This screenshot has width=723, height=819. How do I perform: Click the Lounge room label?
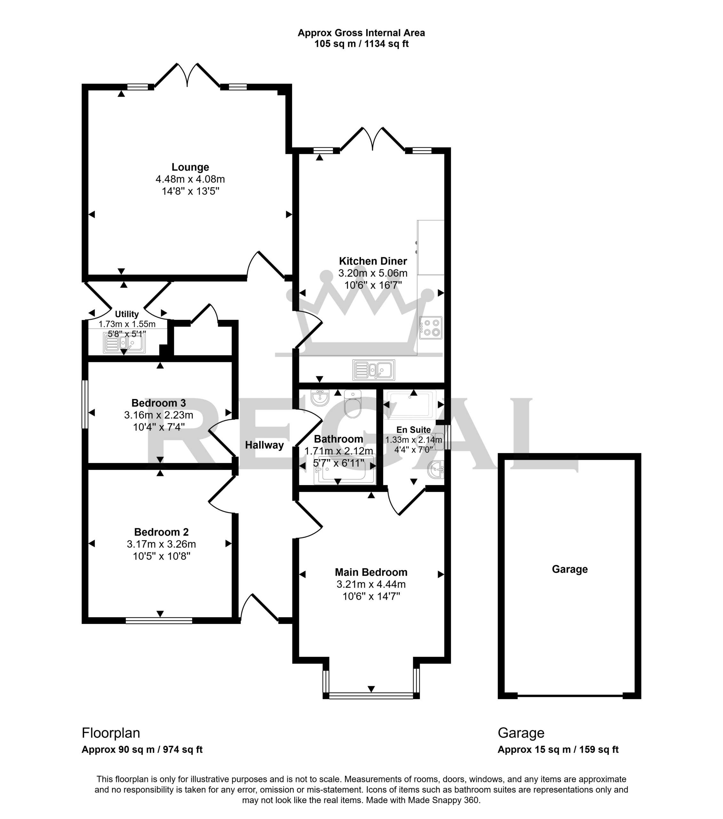[190, 167]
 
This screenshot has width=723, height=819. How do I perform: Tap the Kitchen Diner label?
[373, 261]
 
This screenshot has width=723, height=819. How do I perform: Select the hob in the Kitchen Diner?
[430, 327]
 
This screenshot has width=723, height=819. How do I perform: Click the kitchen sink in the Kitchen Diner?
[374, 370]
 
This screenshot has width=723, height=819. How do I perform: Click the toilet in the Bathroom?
[353, 403]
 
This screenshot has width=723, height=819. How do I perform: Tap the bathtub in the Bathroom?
[344, 470]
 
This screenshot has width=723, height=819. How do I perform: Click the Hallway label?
[265, 445]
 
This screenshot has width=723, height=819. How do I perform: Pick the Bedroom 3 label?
[159, 403]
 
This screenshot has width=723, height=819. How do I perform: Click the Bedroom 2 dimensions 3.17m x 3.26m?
[161, 544]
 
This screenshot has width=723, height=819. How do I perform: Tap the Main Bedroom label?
[371, 572]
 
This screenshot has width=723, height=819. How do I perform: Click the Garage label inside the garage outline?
[569, 569]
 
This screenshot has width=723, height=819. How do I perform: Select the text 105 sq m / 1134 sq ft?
[361, 44]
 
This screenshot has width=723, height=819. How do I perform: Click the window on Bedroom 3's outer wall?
[84, 404]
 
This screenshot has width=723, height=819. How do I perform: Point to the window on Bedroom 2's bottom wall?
[159, 621]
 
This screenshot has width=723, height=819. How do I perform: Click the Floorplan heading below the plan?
[111, 733]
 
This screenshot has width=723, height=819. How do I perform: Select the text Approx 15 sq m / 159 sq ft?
[558, 750]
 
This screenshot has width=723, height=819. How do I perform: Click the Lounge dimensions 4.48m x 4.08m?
[190, 179]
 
